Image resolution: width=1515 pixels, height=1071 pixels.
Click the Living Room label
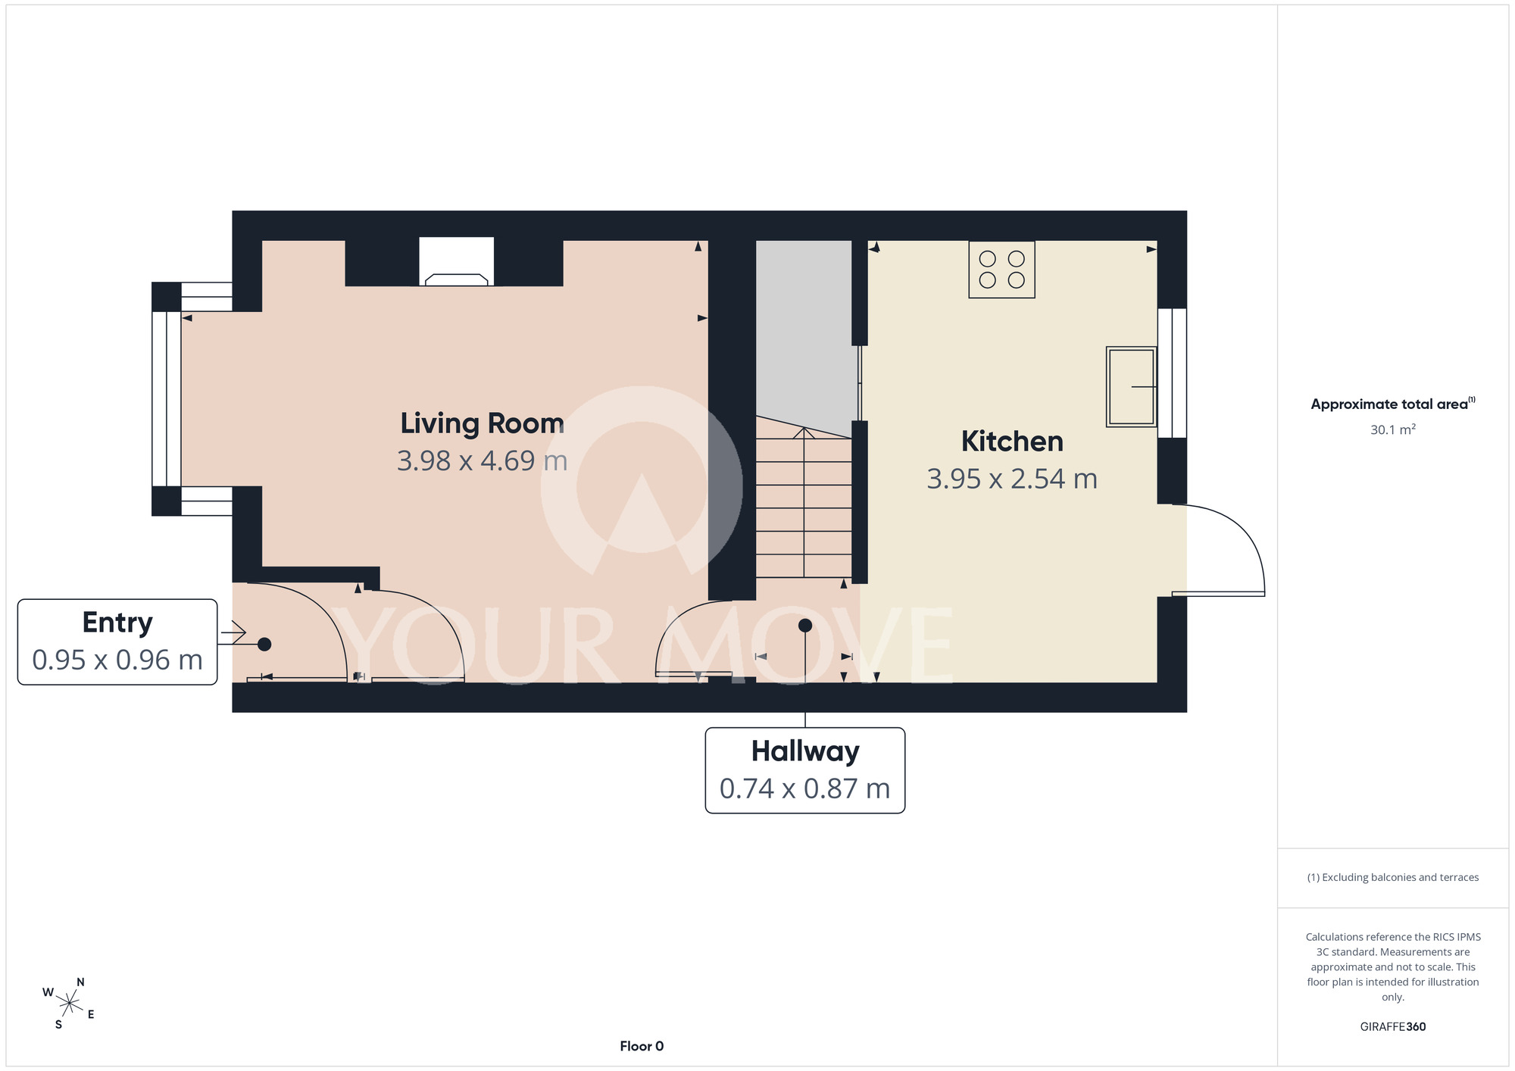pyautogui.click(x=482, y=423)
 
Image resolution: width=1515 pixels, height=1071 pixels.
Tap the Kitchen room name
pyautogui.click(x=1012, y=442)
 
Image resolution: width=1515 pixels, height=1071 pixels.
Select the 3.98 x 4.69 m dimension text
pyautogui.click(x=482, y=461)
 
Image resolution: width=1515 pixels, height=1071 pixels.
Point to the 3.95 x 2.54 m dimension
pyautogui.click(x=1012, y=479)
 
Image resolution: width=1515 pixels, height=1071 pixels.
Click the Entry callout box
pyautogui.click(x=117, y=642)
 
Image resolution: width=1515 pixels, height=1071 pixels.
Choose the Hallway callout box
pyautogui.click(x=805, y=770)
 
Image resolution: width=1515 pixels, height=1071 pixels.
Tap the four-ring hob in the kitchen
pyautogui.click(x=1001, y=270)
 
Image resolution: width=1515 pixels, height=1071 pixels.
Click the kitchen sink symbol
pyautogui.click(x=1131, y=387)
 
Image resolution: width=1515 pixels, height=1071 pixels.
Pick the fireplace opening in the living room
pyautogui.click(x=457, y=261)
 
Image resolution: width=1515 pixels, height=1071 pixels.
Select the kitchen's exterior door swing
pyautogui.click(x=1218, y=550)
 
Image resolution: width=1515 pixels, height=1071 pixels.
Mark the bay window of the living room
pyautogui.click(x=167, y=398)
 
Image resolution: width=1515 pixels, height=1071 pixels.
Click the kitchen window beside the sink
pyautogui.click(x=1172, y=373)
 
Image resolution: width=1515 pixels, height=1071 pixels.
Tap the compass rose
pyautogui.click(x=69, y=1004)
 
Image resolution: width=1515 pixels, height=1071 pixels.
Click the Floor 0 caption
pyautogui.click(x=642, y=1046)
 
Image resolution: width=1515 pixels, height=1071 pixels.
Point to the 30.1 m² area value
pyautogui.click(x=1393, y=429)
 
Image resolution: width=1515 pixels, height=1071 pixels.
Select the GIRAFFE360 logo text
pyautogui.click(x=1393, y=1027)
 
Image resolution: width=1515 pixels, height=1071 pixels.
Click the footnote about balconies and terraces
pyautogui.click(x=1393, y=877)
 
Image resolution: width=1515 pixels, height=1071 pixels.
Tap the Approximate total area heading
pyautogui.click(x=1393, y=404)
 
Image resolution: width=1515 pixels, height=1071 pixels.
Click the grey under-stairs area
pyautogui.click(x=804, y=333)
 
